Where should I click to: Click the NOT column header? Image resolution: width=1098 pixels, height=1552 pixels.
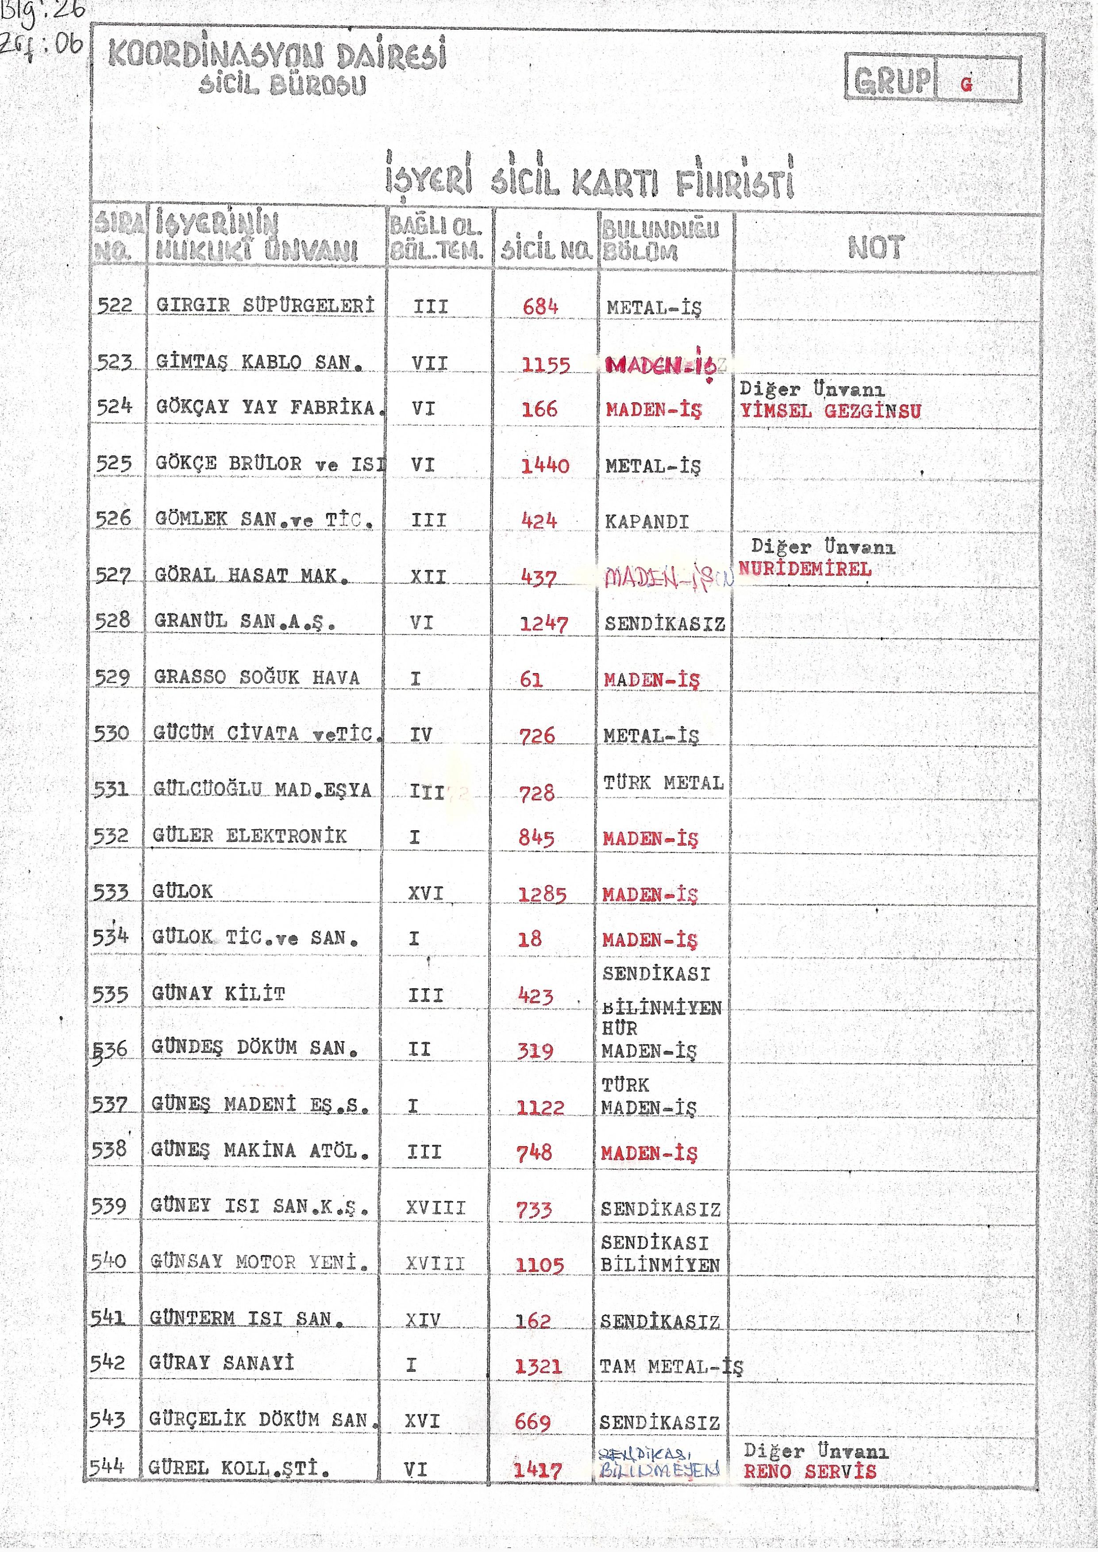[x=875, y=247]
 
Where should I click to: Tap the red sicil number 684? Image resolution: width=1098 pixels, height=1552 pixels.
[x=540, y=307]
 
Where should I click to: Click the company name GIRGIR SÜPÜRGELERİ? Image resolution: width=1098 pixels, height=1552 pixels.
[x=265, y=305]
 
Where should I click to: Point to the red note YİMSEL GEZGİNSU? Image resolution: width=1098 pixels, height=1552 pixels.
[x=830, y=411]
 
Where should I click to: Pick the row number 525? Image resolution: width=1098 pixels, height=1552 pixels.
[x=114, y=464]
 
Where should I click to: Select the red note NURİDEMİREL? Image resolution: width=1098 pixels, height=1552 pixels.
[x=805, y=569]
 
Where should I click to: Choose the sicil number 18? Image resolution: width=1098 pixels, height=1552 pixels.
[x=529, y=938]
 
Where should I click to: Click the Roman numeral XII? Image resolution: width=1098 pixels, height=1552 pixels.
[x=428, y=577]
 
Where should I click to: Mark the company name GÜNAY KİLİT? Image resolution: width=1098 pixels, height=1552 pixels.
[x=218, y=994]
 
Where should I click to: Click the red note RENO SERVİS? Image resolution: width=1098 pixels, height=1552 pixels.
[x=809, y=1471]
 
